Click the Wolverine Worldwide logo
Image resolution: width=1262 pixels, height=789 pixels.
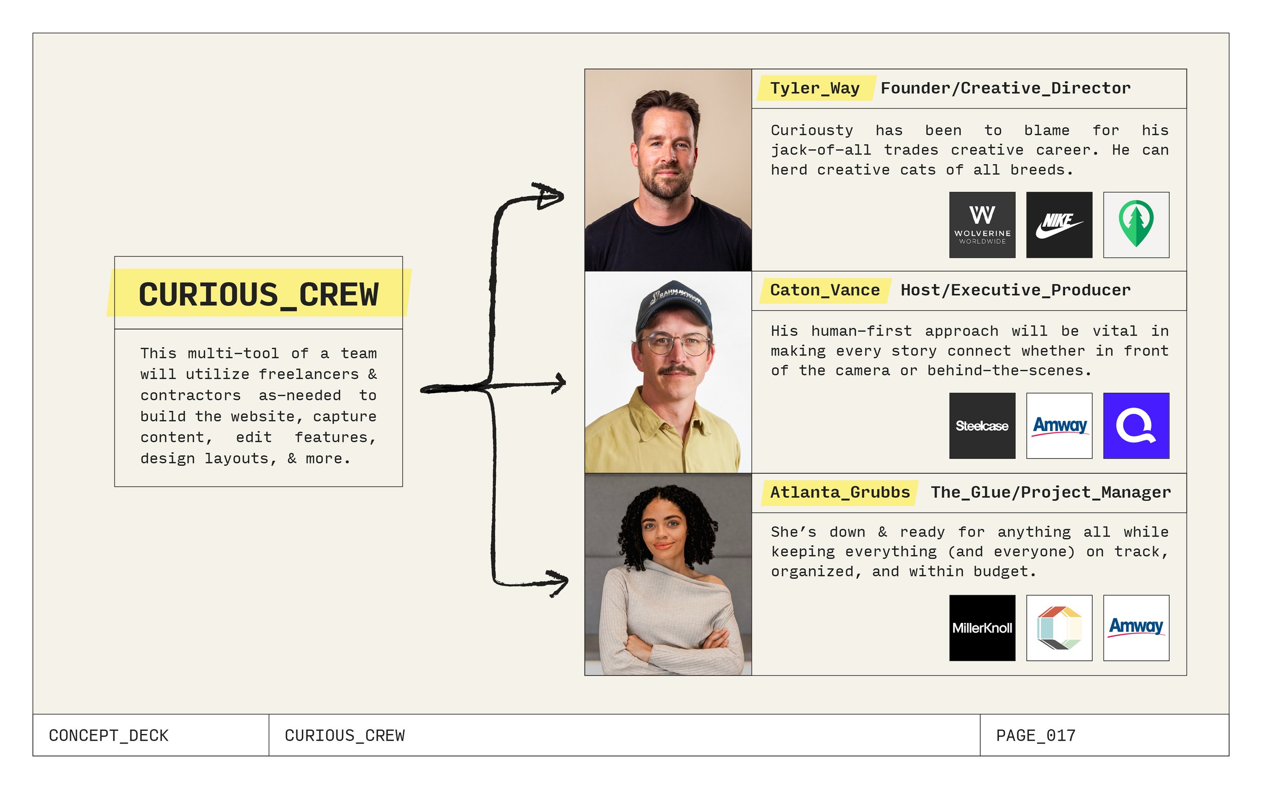982,225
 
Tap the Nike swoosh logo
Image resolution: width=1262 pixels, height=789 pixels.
1059,225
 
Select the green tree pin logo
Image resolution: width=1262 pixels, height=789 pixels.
1136,225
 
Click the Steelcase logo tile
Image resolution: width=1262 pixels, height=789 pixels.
982,426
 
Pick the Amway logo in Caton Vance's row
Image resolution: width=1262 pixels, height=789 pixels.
1059,426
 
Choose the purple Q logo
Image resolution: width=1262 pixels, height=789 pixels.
1136,426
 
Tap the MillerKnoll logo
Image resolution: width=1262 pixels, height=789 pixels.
982,628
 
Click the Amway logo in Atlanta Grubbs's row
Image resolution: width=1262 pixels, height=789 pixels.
1136,628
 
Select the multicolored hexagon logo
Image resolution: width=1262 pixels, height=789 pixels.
1059,628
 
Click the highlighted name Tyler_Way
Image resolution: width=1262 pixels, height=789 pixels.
815,88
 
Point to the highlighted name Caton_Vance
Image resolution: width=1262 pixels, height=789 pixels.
825,290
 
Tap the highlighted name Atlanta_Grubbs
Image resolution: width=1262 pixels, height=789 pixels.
840,492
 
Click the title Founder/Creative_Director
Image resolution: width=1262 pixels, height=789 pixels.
1006,88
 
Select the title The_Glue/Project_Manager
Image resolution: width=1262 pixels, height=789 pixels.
1050,492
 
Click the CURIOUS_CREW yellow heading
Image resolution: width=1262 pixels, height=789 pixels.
259,294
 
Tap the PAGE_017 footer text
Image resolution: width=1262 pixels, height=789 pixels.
1035,735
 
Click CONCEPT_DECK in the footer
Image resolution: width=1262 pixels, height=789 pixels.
109,735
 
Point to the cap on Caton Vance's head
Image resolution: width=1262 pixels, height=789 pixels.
672,305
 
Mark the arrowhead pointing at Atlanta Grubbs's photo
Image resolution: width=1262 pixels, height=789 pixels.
558,583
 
